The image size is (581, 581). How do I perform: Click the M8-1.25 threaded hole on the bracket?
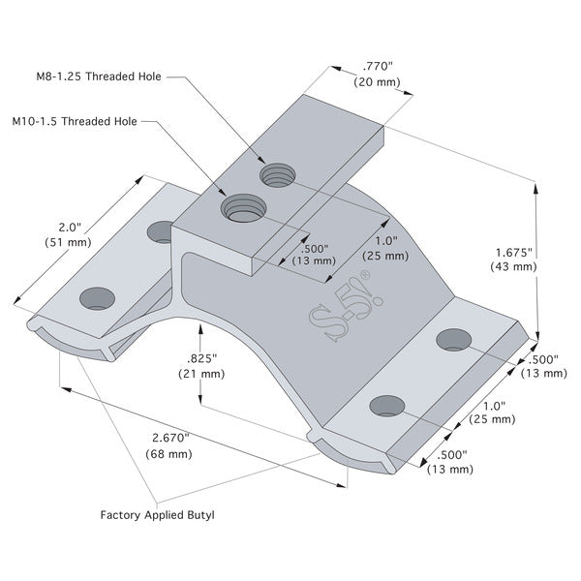276,175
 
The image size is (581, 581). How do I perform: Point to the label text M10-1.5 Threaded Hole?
75,122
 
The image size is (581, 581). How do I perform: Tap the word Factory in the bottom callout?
122,515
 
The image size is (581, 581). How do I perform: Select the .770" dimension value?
377,67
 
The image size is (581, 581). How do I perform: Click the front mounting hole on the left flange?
96,297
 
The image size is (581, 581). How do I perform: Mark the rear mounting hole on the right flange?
453,338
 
